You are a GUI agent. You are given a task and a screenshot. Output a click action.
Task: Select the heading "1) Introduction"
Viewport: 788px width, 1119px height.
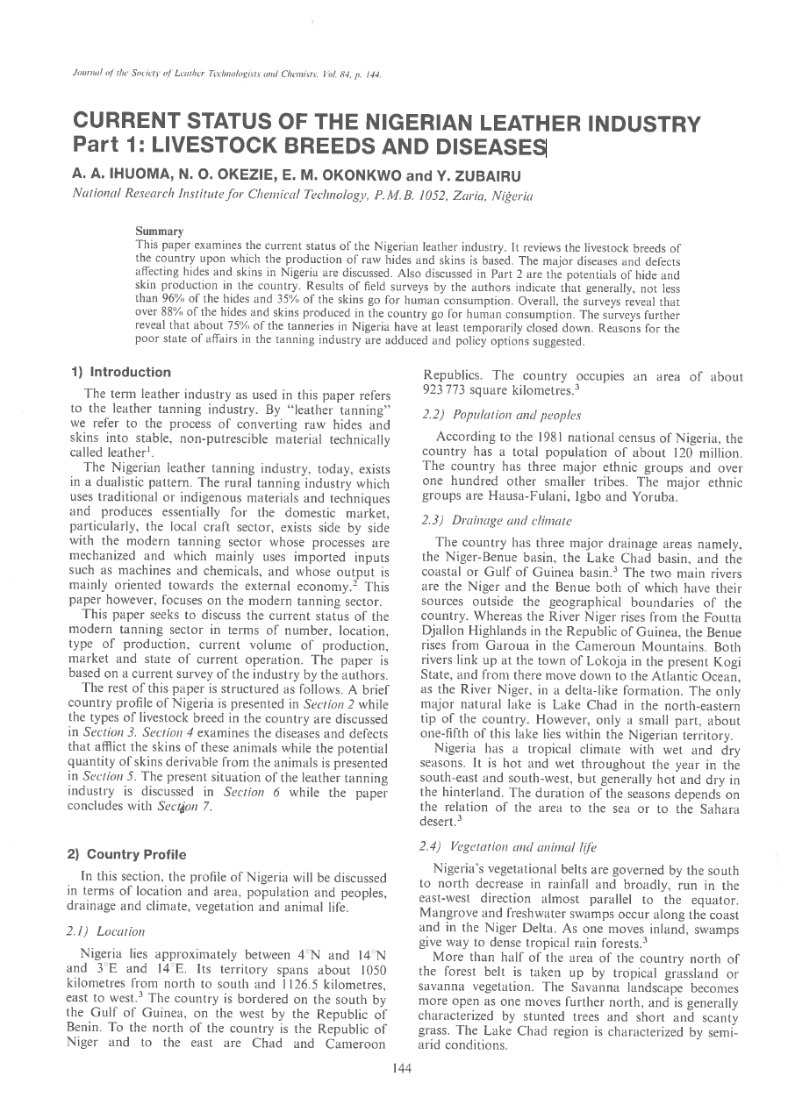click(121, 373)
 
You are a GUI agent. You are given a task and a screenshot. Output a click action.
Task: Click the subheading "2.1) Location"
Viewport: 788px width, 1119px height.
click(111, 931)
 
